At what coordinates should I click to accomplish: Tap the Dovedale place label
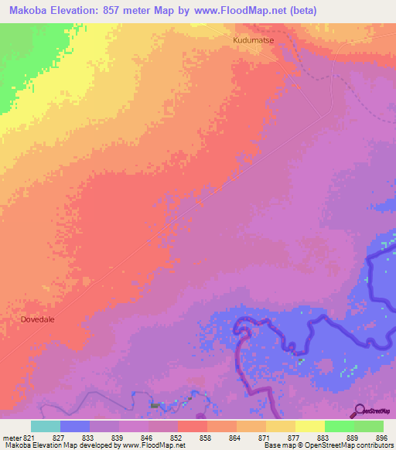(x=38, y=318)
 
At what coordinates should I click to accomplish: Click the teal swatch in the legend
(x=46, y=426)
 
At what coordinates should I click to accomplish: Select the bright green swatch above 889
(x=339, y=426)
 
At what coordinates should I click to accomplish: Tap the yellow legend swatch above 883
(x=309, y=426)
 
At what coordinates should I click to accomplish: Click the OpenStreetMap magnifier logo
(x=359, y=410)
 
